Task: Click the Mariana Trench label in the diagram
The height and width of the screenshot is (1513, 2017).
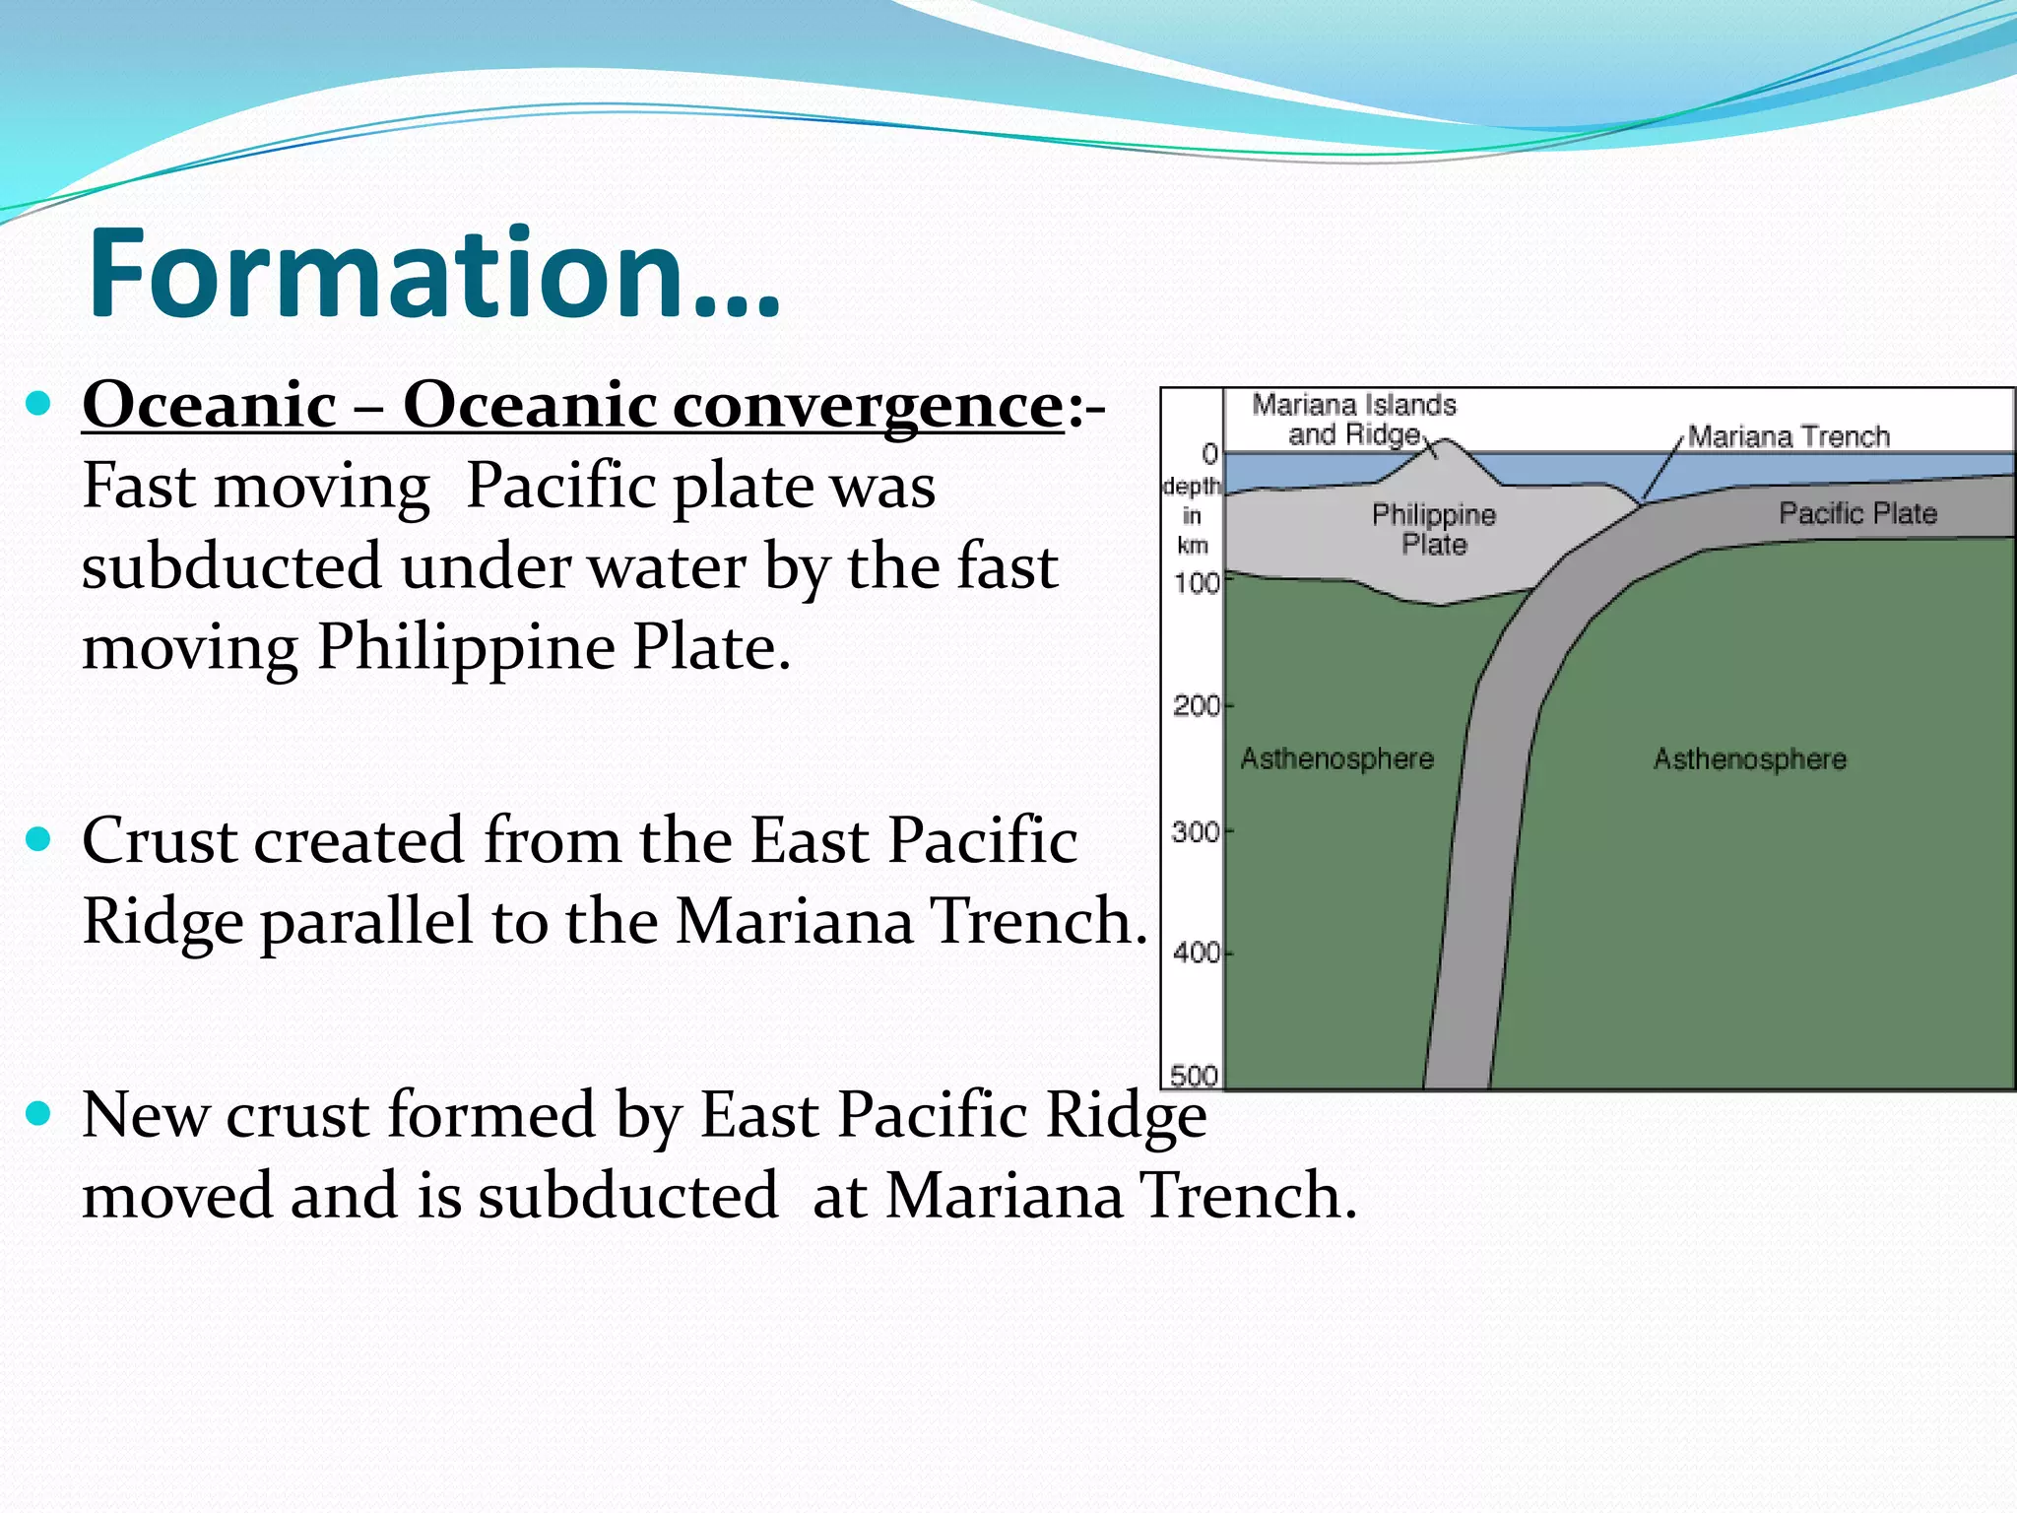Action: point(1789,436)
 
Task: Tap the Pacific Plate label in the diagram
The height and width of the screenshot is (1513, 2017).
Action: point(1857,513)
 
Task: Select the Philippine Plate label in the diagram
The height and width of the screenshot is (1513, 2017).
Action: point(1434,529)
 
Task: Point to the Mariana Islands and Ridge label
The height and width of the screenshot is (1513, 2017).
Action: point(1354,420)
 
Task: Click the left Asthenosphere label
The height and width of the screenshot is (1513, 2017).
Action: point(1336,758)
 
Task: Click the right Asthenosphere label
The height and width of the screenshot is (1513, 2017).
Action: point(1749,759)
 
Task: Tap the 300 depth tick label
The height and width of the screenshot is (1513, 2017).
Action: point(1195,833)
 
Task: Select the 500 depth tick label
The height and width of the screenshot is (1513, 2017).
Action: point(1194,1076)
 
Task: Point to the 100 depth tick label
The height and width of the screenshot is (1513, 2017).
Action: point(1196,584)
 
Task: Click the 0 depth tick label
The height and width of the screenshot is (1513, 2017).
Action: point(1209,454)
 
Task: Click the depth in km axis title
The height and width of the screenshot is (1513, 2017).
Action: point(1192,515)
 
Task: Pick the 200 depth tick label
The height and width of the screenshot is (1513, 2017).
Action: point(1196,706)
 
